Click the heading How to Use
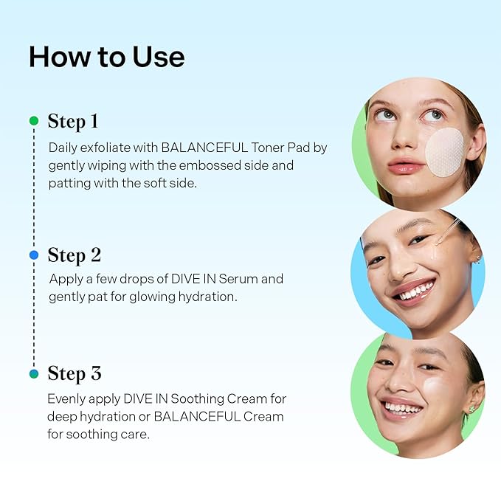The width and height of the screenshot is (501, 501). click(x=106, y=57)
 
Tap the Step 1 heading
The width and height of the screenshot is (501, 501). click(x=73, y=121)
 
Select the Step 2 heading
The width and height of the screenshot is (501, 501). click(x=75, y=255)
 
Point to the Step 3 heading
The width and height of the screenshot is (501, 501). click(x=75, y=374)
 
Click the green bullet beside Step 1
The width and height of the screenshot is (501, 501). click(x=33, y=120)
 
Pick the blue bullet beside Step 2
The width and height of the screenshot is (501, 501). click(x=33, y=255)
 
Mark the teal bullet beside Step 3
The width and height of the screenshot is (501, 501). click(x=33, y=374)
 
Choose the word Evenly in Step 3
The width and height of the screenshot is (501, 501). click(x=67, y=398)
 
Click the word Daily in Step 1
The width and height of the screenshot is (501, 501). click(x=63, y=148)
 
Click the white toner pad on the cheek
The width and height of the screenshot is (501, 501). click(x=444, y=152)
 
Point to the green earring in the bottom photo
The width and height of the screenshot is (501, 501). click(x=471, y=408)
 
